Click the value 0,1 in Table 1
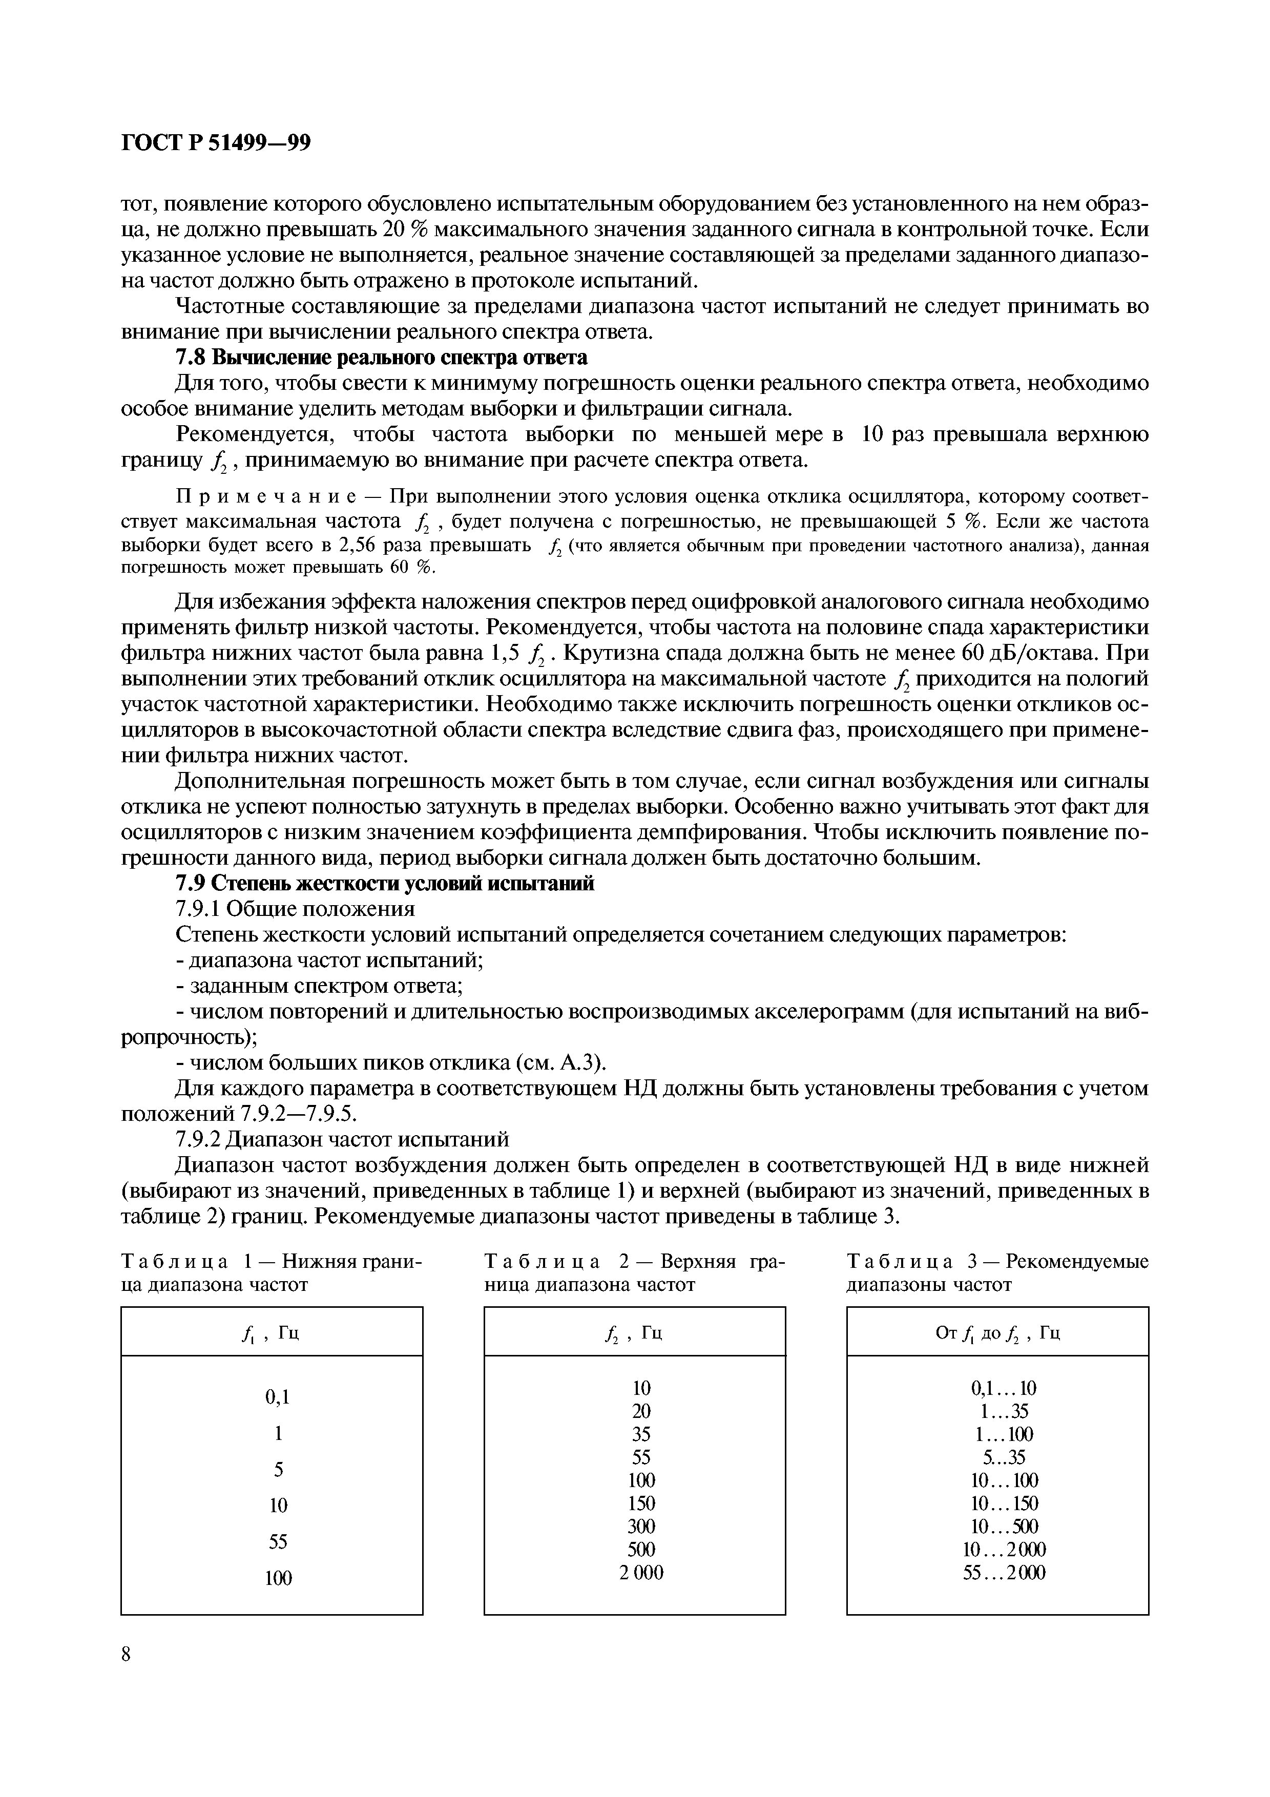click(277, 1396)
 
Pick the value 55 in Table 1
click(277, 1541)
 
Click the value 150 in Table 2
click(641, 1503)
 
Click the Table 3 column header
click(997, 1333)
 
